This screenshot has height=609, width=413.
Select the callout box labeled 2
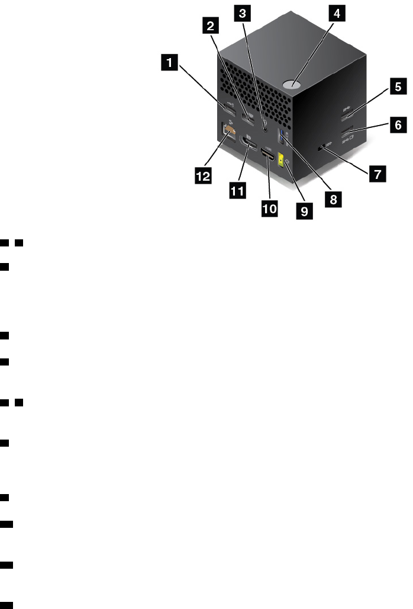pos(208,26)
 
